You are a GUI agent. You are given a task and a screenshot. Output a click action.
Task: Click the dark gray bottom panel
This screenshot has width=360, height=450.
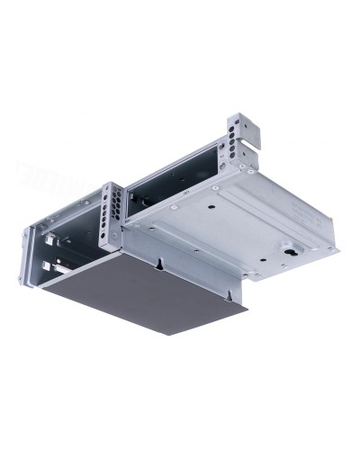click(144, 292)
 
